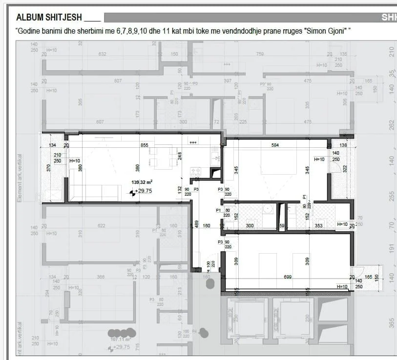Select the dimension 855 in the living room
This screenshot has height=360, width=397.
point(144,145)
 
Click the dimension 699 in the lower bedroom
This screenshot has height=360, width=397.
point(287,277)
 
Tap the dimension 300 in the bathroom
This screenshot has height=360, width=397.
point(250,226)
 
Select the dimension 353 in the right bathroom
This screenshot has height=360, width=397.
point(319,226)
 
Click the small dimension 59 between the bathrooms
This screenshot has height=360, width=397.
point(282,226)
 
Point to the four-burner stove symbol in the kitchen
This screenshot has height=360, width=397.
point(195,172)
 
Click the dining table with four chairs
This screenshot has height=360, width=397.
point(163,157)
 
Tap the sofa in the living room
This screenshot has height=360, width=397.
point(95,192)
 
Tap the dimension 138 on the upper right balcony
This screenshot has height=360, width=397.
point(343,145)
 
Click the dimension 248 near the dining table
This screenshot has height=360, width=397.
point(180,156)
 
